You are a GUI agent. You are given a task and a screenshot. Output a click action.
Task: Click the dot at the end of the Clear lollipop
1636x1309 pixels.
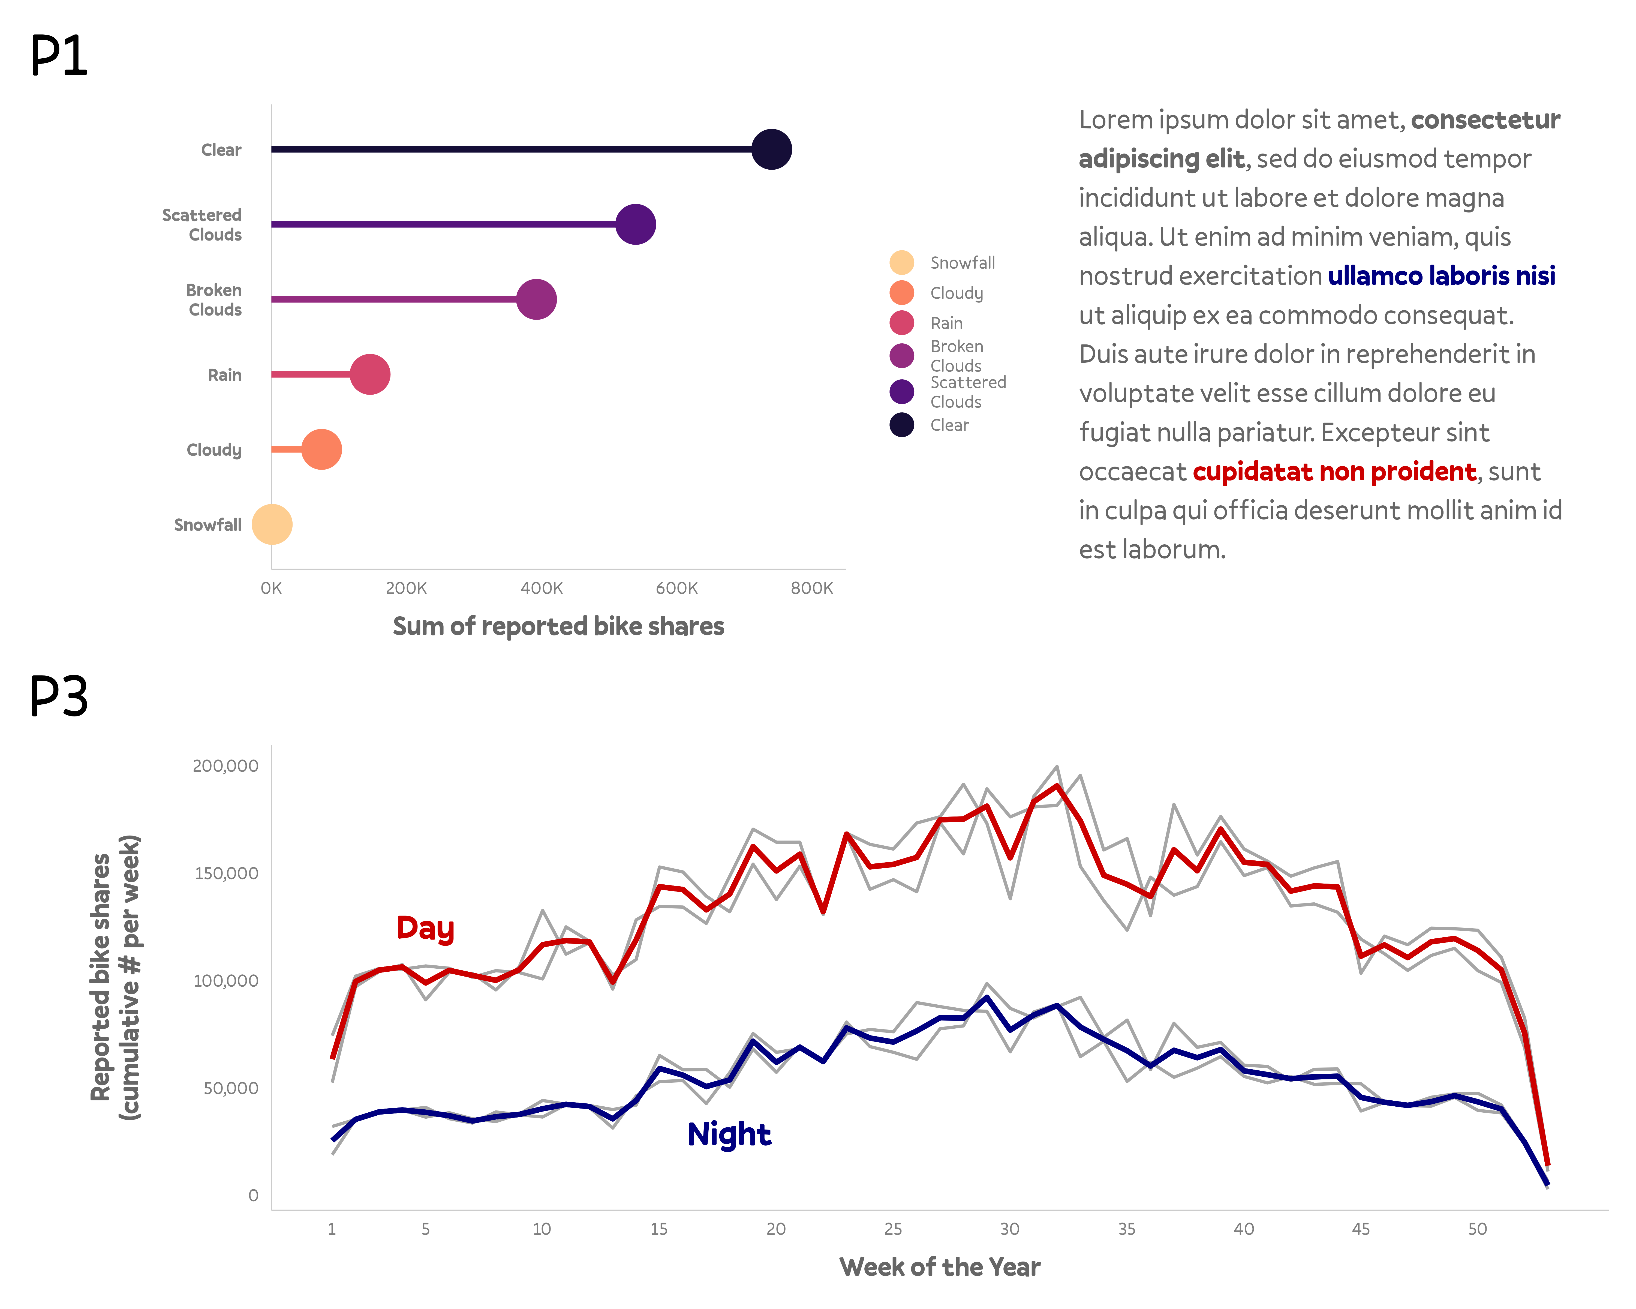[771, 149]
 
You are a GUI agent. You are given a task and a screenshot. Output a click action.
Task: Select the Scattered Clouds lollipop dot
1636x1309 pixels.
[635, 225]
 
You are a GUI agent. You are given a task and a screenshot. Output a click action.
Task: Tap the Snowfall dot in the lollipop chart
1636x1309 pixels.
[272, 524]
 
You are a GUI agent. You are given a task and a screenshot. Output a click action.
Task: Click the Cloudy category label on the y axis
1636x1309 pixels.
[214, 450]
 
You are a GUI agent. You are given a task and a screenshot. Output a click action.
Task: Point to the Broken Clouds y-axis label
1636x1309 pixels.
[214, 300]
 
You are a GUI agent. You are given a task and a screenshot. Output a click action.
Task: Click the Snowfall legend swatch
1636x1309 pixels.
[901, 263]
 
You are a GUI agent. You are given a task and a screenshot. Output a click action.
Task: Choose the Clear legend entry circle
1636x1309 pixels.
[901, 425]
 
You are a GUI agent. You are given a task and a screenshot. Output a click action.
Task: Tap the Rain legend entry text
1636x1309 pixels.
[946, 323]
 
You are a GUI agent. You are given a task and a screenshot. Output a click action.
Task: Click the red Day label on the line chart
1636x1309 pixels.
[425, 928]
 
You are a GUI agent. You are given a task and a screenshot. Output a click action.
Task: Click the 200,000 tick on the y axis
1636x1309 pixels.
[225, 766]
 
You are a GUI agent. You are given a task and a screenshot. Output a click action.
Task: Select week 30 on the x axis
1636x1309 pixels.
[1009, 1229]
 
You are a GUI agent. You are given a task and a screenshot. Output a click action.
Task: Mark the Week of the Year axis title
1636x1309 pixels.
[939, 1266]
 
